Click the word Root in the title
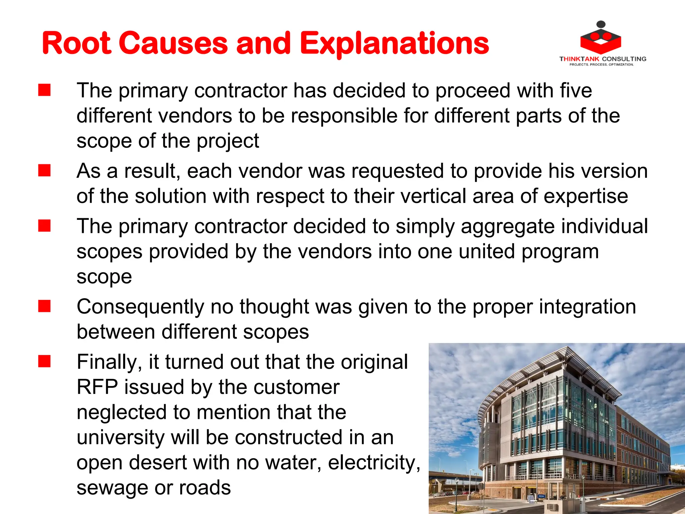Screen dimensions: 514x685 pos(76,44)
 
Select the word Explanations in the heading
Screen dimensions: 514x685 pos(394,44)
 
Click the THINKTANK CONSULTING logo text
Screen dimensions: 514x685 pos(603,59)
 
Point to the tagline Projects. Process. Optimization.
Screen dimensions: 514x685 pos(601,65)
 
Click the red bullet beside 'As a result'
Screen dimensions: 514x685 pos(44,170)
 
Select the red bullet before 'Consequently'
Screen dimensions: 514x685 pos(44,306)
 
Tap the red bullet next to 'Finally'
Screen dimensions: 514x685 pos(44,361)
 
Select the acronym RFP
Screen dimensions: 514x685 pos(97,387)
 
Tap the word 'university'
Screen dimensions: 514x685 pos(121,438)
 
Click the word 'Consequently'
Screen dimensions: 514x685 pos(140,307)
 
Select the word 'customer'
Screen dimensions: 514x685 pos(296,387)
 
